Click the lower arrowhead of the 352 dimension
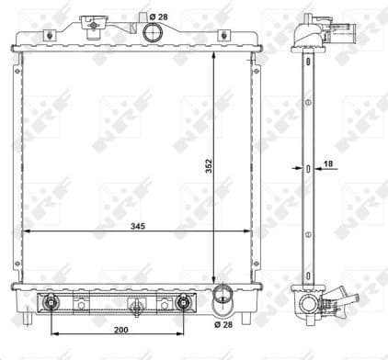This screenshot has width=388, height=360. point(214,279)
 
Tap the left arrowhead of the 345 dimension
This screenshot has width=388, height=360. point(26,231)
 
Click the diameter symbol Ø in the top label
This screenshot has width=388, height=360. point(149,16)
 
